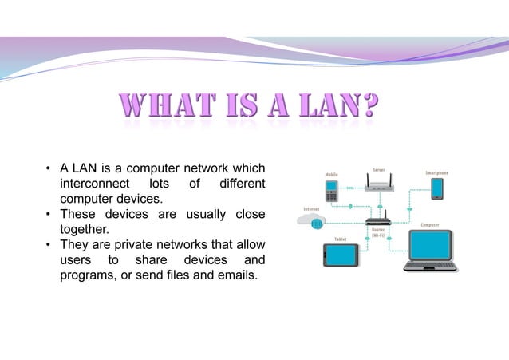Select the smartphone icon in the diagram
(436, 189)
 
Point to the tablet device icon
(340, 255)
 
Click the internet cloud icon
(312, 221)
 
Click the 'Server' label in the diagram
(380, 168)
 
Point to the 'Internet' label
(311, 208)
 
